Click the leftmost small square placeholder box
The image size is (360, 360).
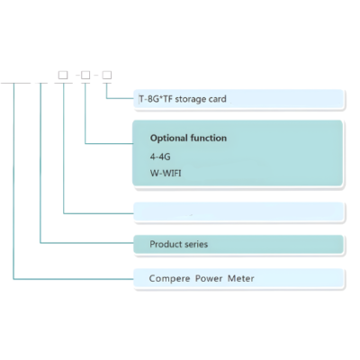(63, 75)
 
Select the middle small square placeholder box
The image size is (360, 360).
(85, 75)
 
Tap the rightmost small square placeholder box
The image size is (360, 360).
(107, 75)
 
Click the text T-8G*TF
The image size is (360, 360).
(156, 99)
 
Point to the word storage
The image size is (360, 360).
(191, 99)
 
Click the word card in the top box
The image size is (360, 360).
(218, 99)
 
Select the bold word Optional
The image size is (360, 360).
(168, 139)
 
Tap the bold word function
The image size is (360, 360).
(208, 138)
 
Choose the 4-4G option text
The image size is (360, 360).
(160, 157)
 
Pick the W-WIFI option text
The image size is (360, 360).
(166, 173)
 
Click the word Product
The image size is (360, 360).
(166, 244)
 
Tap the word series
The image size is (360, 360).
(196, 244)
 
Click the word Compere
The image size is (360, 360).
(169, 279)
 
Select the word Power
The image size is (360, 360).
(209, 279)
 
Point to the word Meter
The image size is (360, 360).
(241, 278)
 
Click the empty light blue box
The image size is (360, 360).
(238, 212)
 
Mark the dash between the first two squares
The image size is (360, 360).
(77, 75)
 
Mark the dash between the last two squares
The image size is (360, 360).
(96, 75)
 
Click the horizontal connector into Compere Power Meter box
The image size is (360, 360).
(74, 279)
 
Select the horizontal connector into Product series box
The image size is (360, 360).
(87, 243)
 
